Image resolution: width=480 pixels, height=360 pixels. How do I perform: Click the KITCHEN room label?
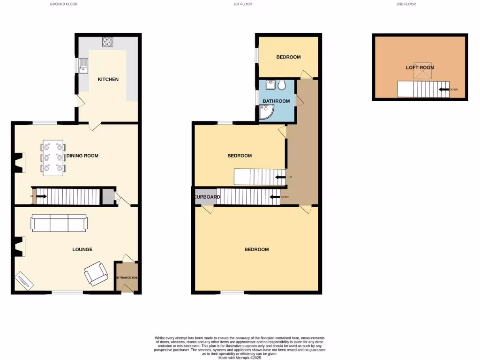pos(108,79)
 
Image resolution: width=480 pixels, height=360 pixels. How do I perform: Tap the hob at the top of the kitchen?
pos(107,42)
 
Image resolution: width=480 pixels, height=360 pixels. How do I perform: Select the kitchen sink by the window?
pos(84,66)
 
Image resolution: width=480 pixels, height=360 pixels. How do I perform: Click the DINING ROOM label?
pos(82,156)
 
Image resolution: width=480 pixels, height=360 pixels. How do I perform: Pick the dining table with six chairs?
pos(53,157)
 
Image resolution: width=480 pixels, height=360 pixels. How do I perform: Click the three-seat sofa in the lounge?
pos(59,223)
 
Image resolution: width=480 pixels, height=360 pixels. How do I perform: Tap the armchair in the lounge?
pos(96,273)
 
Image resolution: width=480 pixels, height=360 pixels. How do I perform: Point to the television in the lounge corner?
pos(24,281)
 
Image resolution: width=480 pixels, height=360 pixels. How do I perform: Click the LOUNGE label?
pos(82,249)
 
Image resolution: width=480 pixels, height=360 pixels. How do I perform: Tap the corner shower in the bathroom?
pos(266,112)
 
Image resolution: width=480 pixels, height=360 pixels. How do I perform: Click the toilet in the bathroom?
pos(281,85)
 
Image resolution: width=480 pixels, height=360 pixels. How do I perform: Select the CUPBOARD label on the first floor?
pos(208,197)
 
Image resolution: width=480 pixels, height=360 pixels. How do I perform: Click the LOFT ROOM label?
pos(420,67)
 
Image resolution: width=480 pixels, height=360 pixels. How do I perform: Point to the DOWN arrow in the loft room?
pos(444,90)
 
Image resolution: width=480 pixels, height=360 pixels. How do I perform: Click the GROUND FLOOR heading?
pos(63,4)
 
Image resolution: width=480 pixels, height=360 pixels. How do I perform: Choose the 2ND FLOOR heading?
pos(406,4)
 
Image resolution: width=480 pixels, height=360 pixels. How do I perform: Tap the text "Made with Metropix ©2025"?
pos(240,357)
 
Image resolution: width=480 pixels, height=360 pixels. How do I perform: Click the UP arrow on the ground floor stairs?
pos(40,196)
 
